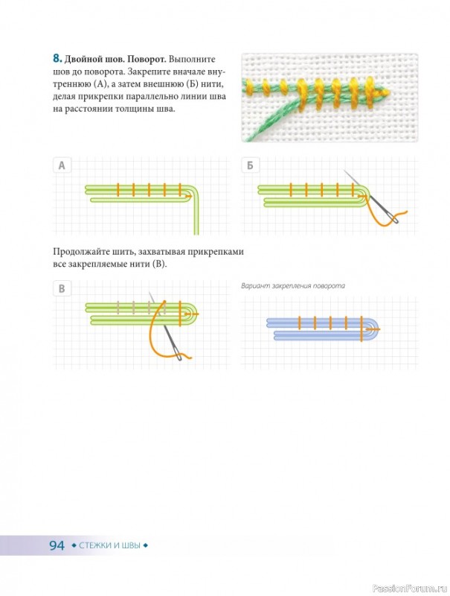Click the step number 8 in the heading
click(57, 59)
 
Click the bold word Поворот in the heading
click(147, 60)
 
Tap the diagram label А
click(62, 165)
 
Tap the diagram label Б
click(250, 165)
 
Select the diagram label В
click(62, 289)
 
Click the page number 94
click(57, 545)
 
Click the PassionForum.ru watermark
click(411, 589)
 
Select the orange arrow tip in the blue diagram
click(379, 329)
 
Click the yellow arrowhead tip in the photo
click(388, 92)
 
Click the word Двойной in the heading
click(80, 60)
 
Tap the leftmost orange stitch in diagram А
click(118, 190)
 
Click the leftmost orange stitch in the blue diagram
click(299, 323)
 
